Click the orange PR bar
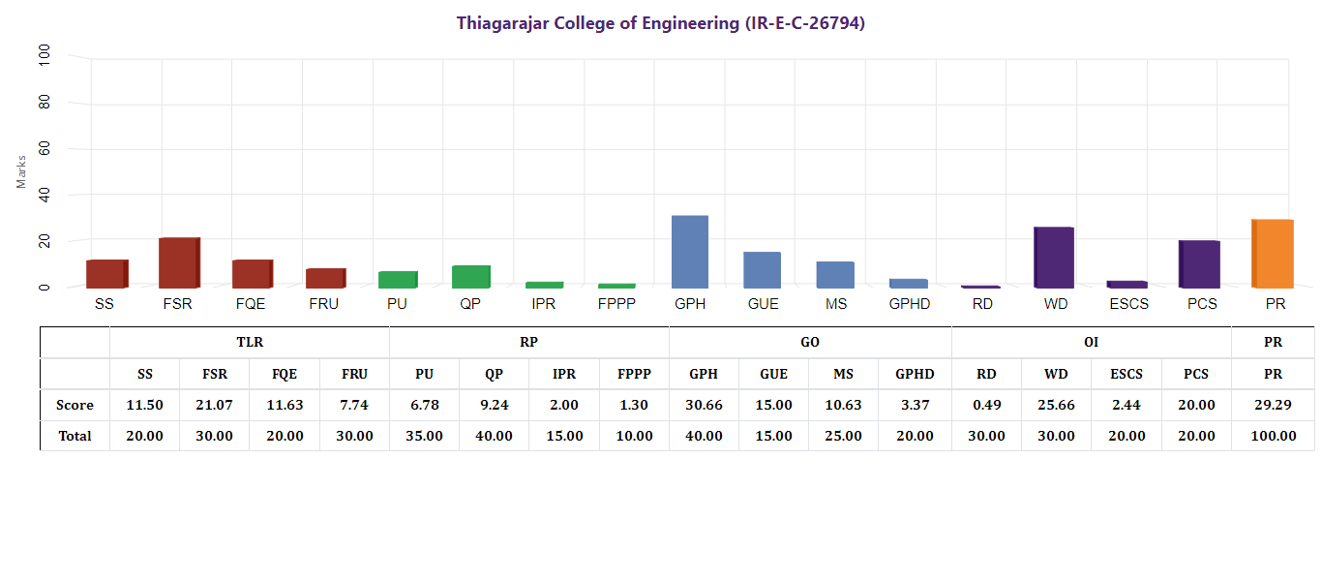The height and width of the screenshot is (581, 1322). pos(1273,254)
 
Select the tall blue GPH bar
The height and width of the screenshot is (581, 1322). pos(690,252)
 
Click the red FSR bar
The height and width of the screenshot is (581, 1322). pos(179,262)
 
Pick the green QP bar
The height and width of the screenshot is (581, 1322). pos(471,276)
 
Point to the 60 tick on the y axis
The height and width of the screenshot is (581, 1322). pos(45,150)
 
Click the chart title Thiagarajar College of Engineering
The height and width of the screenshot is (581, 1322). pos(661,23)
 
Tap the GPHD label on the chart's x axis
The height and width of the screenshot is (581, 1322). pos(909,304)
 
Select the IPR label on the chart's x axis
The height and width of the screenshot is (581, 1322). pos(543,304)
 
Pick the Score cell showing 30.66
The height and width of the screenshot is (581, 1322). pos(704,405)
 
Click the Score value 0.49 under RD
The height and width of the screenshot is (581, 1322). pos(986,405)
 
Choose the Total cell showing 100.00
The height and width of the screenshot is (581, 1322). pos(1273,436)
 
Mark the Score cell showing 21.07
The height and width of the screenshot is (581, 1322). pos(214,405)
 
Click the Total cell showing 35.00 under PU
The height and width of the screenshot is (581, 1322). pos(424,436)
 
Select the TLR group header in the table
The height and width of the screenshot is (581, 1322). pos(250,342)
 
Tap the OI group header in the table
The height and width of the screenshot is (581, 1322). pos(1091,342)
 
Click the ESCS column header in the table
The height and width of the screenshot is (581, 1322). pos(1126,374)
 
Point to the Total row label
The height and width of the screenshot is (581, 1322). pos(75,436)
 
